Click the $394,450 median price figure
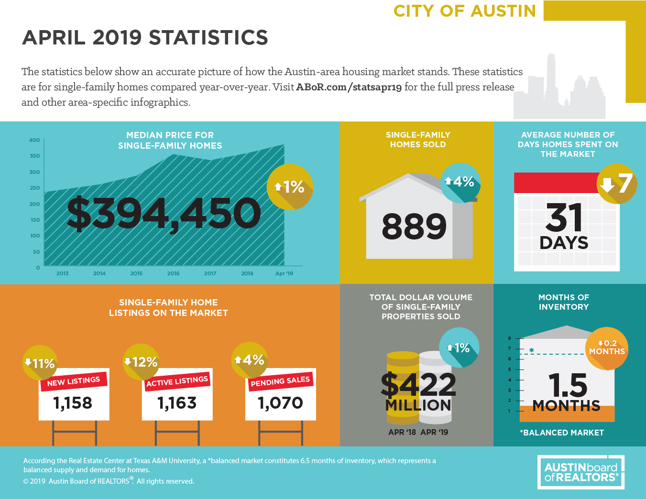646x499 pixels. point(164,213)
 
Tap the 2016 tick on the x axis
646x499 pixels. point(173,273)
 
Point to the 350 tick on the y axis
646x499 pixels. point(35,156)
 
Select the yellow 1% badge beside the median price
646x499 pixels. point(290,187)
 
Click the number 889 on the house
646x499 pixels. point(414,227)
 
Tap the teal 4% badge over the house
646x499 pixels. point(460,182)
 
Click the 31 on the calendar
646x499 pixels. point(564,218)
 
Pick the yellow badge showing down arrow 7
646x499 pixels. point(617,184)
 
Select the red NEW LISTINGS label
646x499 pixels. point(74,381)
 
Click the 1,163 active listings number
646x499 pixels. point(177,403)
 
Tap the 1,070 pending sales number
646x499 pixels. point(280,403)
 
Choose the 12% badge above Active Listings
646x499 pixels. point(141,362)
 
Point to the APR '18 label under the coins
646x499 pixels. point(402,432)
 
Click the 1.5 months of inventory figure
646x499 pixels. point(568,385)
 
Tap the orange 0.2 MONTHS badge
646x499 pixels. point(607,348)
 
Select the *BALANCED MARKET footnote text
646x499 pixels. point(562,433)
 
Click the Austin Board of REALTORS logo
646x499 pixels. point(581,472)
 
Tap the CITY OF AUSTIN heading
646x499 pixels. point(465,11)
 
